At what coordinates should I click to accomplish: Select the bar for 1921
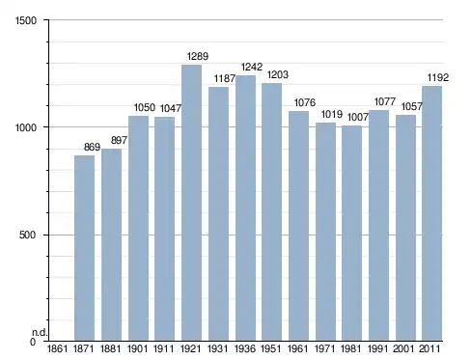point(191,203)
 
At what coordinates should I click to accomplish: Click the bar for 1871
point(84,248)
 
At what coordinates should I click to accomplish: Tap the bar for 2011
point(431,213)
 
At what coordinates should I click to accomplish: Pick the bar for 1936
point(245,208)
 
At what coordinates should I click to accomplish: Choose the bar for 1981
point(351,234)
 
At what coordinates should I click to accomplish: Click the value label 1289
point(198,56)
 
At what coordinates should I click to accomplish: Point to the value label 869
point(92,147)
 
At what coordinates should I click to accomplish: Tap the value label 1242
point(252,67)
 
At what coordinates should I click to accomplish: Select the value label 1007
point(358,117)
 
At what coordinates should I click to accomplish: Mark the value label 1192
point(437,77)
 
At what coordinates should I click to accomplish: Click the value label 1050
point(145,107)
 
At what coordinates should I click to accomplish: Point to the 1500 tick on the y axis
point(26,20)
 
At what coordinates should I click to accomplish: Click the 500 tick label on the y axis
point(27,235)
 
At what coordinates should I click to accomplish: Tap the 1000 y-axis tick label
point(26,127)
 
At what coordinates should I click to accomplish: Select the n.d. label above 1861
point(40,333)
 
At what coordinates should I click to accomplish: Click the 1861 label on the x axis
point(57,348)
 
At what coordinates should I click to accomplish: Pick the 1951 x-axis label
point(271,348)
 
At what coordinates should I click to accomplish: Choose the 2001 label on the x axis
point(403,348)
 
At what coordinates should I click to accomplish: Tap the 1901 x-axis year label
point(137,348)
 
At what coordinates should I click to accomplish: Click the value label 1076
point(305,102)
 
